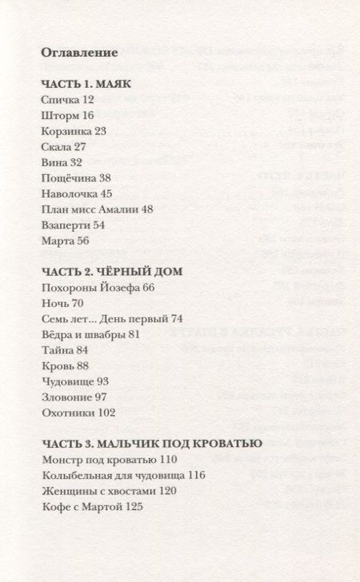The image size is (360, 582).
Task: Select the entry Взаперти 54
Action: [71, 225]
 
